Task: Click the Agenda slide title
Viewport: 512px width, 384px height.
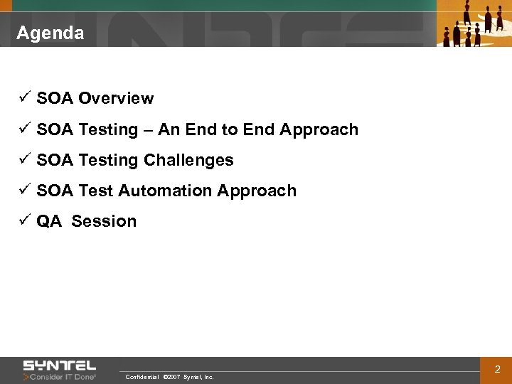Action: [x=50, y=33]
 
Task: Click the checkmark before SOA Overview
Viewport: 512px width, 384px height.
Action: [x=23, y=98]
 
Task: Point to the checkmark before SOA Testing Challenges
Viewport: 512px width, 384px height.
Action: [x=23, y=159]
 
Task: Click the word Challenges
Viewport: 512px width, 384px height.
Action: [x=188, y=161]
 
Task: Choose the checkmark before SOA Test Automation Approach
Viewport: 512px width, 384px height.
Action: [x=23, y=190]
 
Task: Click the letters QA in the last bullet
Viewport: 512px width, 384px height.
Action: [x=49, y=221]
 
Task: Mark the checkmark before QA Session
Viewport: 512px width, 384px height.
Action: [x=23, y=220]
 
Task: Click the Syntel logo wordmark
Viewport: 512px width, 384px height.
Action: [x=60, y=366]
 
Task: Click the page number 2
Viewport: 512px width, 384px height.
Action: [x=497, y=370]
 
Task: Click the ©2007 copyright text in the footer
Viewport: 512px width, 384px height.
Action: [x=171, y=377]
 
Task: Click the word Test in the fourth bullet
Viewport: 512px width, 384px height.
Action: [x=96, y=191]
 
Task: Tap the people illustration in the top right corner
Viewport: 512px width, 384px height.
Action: [x=473, y=23]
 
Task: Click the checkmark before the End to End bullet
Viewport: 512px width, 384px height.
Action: [x=23, y=129]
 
